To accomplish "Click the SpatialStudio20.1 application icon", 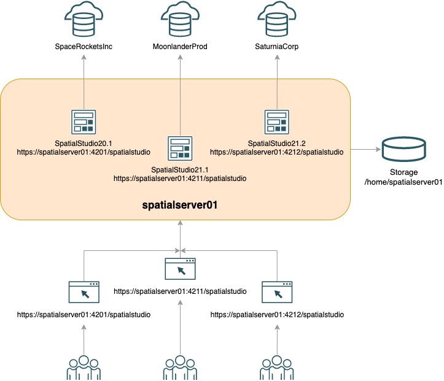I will click(x=84, y=121).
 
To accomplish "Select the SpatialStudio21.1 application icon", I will click(x=180, y=148).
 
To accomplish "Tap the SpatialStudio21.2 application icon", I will click(x=277, y=121).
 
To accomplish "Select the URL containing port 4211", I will click(x=180, y=179).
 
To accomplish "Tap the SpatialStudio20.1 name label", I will click(x=84, y=142).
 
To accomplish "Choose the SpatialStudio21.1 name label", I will click(x=180, y=169).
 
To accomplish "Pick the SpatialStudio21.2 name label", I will click(x=277, y=142).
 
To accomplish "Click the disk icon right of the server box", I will click(x=403, y=150).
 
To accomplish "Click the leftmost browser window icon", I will click(x=84, y=292).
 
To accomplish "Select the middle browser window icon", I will click(x=180, y=269).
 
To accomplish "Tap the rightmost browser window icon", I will click(x=277, y=292).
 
